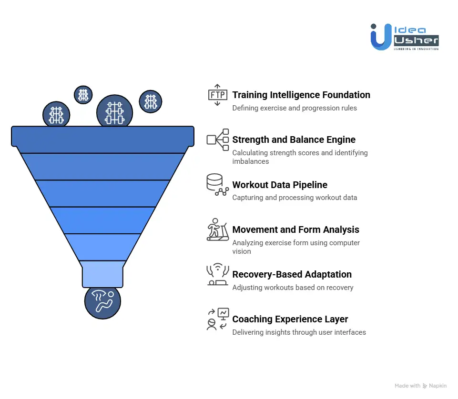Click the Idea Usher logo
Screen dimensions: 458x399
click(405, 37)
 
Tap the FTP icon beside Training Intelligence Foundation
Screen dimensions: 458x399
click(218, 95)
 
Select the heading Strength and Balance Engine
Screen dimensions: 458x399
click(294, 140)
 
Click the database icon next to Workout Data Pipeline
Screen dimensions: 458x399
click(217, 184)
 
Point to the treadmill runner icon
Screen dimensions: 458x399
click(218, 229)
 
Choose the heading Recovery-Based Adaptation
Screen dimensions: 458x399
click(292, 274)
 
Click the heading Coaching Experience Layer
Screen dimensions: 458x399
click(290, 319)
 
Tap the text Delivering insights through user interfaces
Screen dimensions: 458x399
click(299, 332)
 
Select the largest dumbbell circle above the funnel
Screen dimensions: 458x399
click(114, 112)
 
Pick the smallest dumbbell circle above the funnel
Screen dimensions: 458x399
click(83, 95)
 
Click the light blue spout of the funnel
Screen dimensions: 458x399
click(102, 274)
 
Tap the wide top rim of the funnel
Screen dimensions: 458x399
click(102, 136)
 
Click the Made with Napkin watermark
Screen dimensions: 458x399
click(420, 386)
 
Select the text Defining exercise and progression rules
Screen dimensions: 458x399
click(295, 108)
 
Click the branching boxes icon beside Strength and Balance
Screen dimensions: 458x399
click(218, 140)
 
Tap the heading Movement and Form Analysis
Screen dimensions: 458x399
click(295, 229)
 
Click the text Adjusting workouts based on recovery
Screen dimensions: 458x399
click(293, 288)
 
